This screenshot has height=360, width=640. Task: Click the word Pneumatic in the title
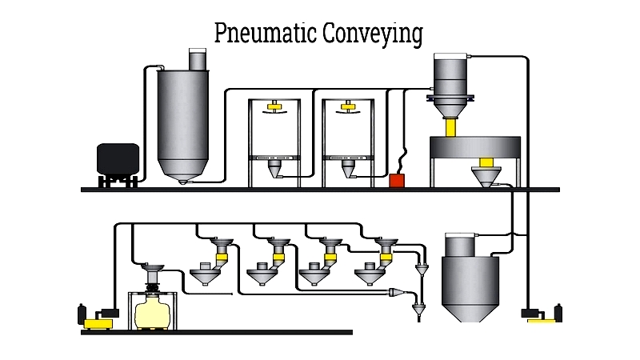(266, 34)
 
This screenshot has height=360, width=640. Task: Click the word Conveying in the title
(373, 34)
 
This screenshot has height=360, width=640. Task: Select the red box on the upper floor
(396, 181)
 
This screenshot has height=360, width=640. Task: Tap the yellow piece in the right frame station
(348, 105)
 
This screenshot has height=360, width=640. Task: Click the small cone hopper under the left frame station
(274, 170)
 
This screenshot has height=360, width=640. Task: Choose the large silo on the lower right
(470, 276)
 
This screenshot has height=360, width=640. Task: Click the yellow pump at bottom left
(98, 322)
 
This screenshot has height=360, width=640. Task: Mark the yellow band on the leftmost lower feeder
(222, 255)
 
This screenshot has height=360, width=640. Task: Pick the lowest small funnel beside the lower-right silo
(416, 309)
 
